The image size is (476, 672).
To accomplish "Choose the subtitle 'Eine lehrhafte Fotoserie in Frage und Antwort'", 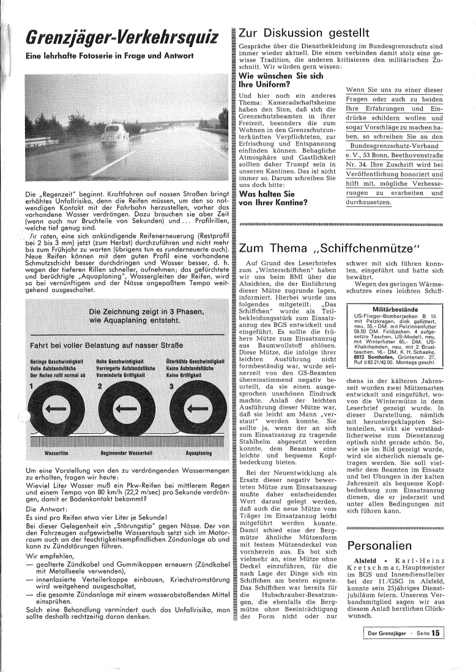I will (110, 56).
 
